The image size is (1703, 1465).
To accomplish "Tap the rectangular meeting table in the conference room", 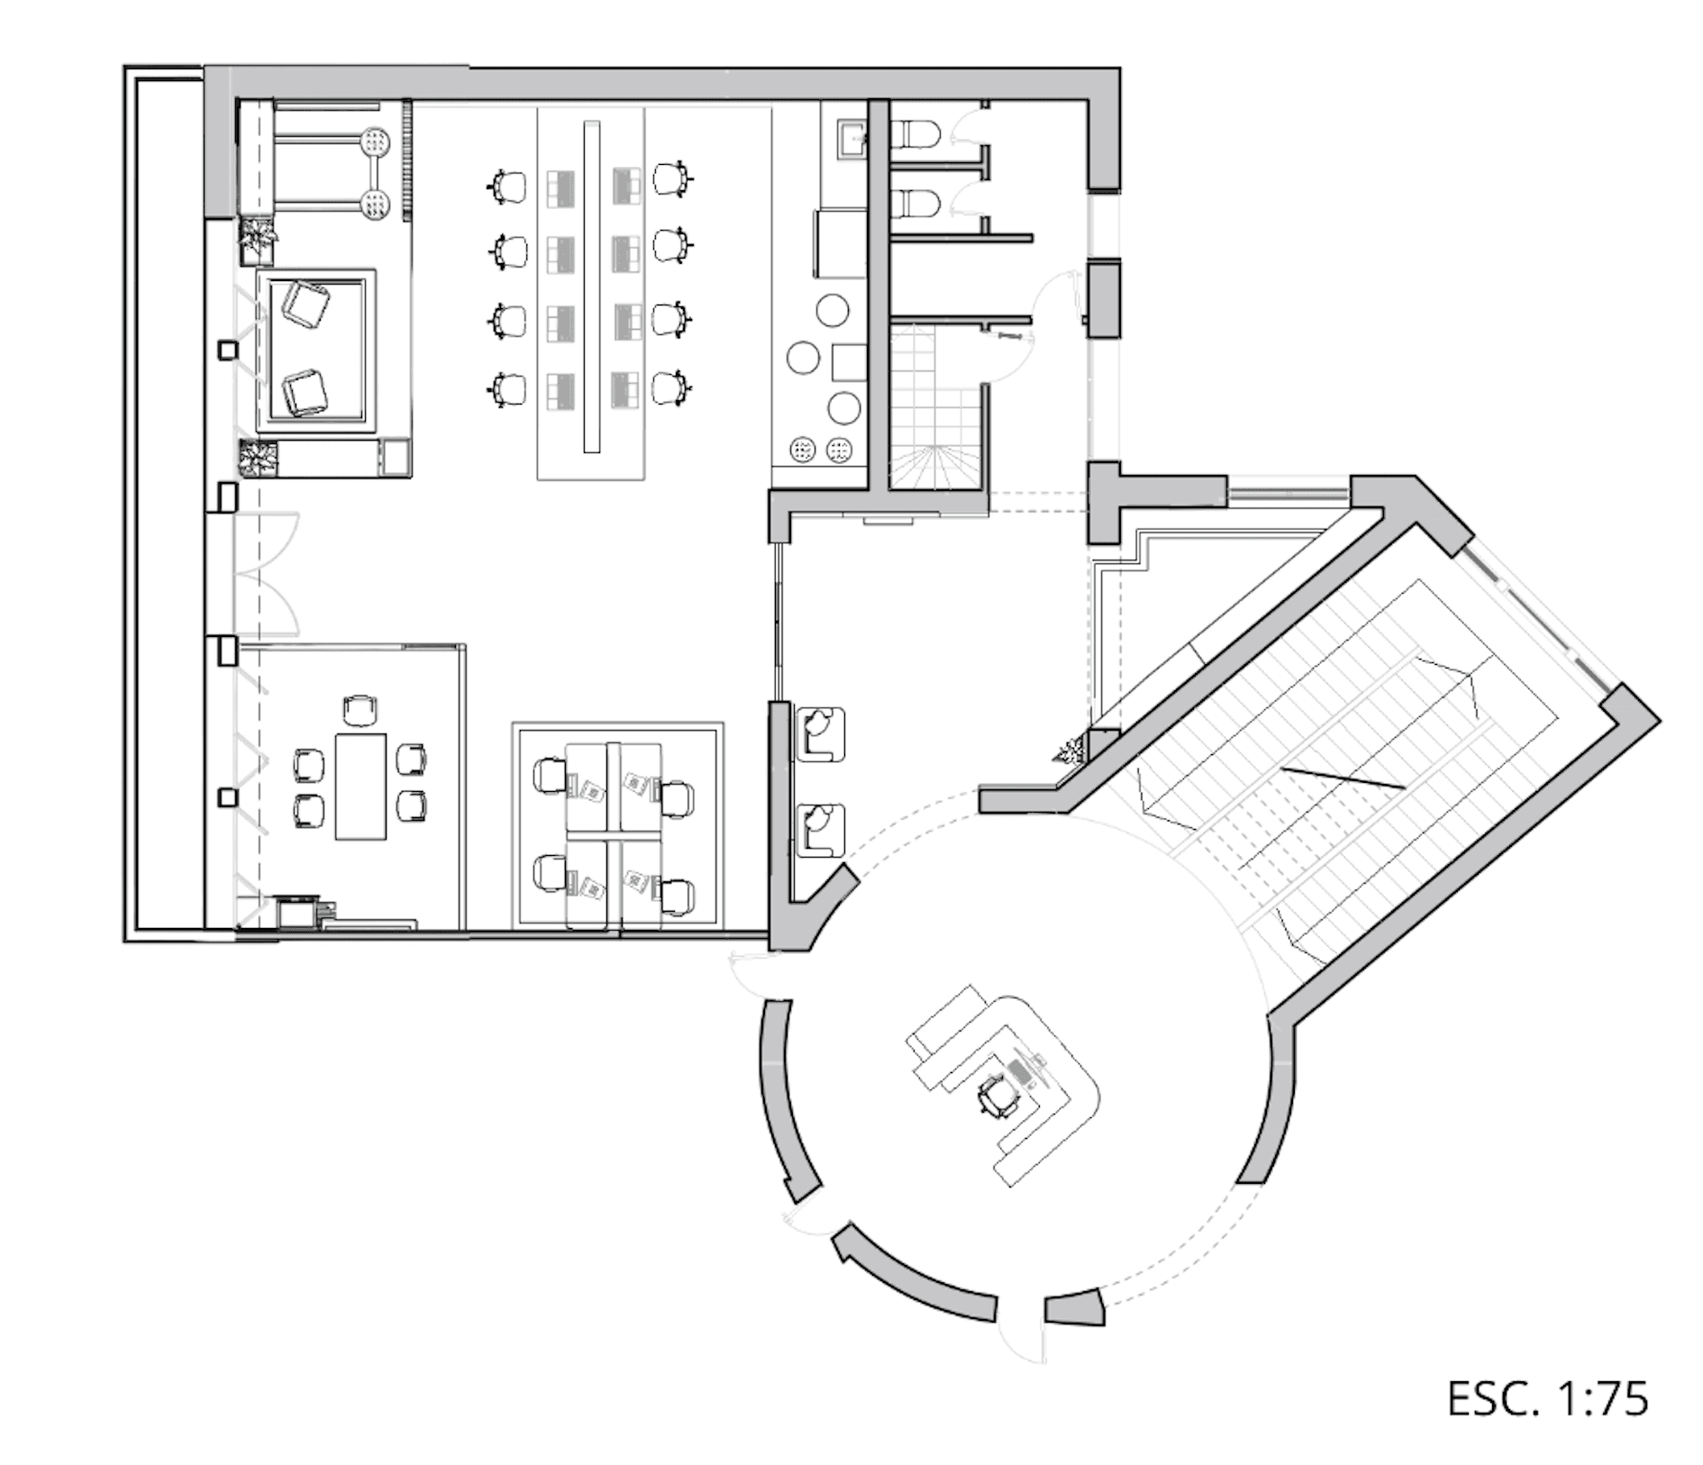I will tap(360, 787).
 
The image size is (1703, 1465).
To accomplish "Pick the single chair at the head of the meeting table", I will tap(360, 710).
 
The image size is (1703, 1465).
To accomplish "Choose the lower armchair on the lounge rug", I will tap(305, 391).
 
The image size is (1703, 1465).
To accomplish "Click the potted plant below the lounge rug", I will tap(259, 458).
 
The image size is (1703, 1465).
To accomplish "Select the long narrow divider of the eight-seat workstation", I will tap(591, 286).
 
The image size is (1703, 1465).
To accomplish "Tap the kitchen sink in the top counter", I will tap(850, 140).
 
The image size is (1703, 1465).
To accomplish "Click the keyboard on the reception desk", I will tap(1020, 1071).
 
